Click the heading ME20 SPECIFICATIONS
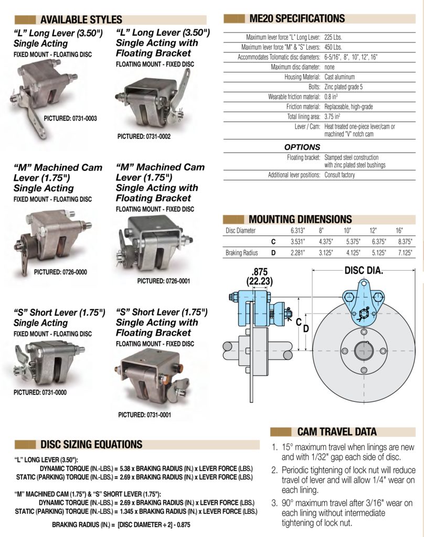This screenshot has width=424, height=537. coord(297,18)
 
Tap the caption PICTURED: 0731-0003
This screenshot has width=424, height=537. coord(70,119)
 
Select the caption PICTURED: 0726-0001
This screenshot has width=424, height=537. coord(164,281)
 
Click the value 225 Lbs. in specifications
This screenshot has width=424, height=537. coord(333,37)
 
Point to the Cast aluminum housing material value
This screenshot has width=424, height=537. coord(340,77)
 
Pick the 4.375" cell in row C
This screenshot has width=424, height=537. coord(326,241)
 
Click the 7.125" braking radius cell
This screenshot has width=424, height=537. coord(405,253)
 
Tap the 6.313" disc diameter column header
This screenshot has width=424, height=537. coord(298,231)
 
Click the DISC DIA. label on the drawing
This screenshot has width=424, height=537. coord(364,271)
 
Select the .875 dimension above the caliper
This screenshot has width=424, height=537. coord(259,272)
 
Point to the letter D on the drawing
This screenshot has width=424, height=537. coord(306,329)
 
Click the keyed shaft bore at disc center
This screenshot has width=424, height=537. coord(364,351)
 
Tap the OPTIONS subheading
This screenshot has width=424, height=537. coord(302,147)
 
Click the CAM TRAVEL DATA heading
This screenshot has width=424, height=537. coord(337,432)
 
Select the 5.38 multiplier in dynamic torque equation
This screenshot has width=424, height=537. coord(125,468)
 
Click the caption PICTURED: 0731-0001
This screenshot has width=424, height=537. coord(145,415)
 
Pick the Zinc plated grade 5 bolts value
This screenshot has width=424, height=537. coord(343,87)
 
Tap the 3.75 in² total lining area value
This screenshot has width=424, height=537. coord(332,116)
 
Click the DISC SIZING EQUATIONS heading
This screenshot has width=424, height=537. coord(91,444)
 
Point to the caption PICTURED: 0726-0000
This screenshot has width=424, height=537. coord(60,272)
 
